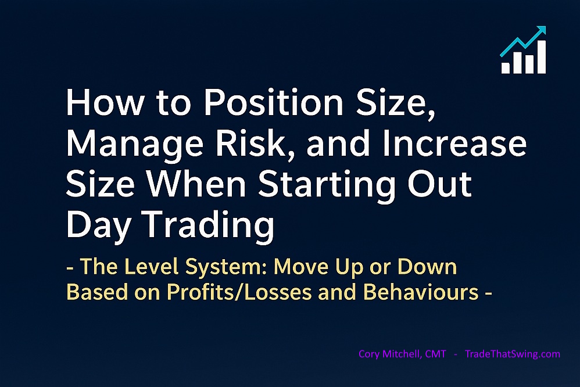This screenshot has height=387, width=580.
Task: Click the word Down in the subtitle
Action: [x=427, y=268]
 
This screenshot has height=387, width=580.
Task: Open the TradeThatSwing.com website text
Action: [x=513, y=353]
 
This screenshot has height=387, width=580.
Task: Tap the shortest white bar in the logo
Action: [x=505, y=68]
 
